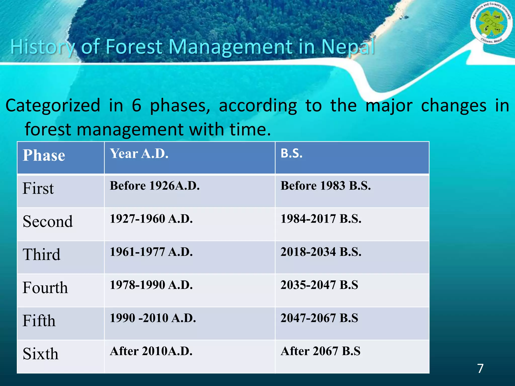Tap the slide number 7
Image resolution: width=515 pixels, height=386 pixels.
[480, 368]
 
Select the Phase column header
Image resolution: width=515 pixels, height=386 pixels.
[44, 155]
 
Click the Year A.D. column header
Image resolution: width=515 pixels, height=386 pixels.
[139, 154]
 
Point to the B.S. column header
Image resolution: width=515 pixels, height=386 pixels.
[291, 153]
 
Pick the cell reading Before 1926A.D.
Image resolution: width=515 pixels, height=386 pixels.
[155, 186]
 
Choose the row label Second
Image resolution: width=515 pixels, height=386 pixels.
[48, 222]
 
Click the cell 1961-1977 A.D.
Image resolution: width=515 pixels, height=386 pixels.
[151, 252]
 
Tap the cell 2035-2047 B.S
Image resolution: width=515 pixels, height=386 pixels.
[319, 285]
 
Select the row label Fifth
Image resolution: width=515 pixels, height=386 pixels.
[39, 321]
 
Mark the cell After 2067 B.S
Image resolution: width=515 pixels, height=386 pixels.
[320, 351]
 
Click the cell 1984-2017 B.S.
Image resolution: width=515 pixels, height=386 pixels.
[321, 219]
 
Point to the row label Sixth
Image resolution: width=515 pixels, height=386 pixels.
[40, 354]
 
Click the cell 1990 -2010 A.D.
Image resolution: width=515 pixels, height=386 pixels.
[153, 318]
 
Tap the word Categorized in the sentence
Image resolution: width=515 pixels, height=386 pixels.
[53, 106]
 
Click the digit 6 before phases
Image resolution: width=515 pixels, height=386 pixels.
[137, 106]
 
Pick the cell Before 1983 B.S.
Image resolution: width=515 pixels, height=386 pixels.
[325, 186]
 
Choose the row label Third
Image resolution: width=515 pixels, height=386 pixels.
[41, 255]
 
